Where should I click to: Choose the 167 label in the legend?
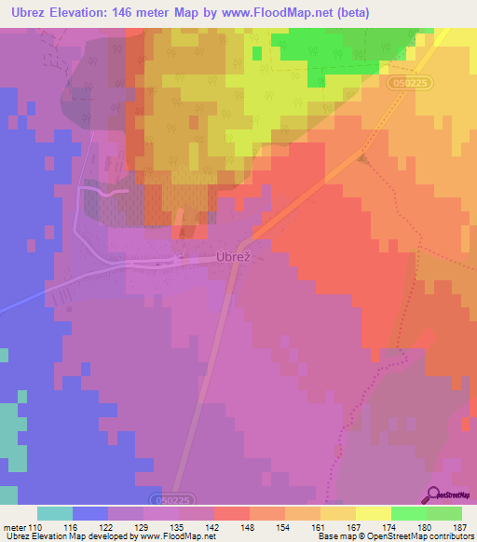tap(356, 527)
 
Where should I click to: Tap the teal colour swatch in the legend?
tap(55, 513)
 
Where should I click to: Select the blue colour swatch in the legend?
tap(90, 513)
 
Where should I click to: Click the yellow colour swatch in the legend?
tap(374, 513)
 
